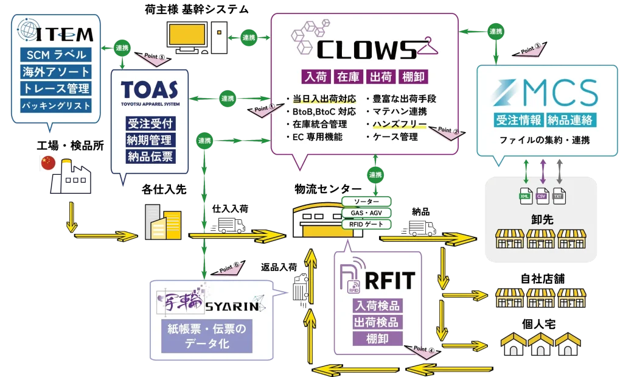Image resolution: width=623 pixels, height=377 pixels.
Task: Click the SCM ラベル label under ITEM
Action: click(x=55, y=55)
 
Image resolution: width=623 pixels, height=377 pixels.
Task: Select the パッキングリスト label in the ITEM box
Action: click(x=55, y=105)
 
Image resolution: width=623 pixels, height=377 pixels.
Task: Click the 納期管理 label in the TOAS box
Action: click(x=150, y=140)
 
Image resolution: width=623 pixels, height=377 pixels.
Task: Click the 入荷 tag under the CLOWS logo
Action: click(x=315, y=77)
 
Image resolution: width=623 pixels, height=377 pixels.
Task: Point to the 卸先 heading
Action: click(x=541, y=219)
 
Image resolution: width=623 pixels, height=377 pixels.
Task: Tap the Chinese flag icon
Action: click(x=47, y=162)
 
